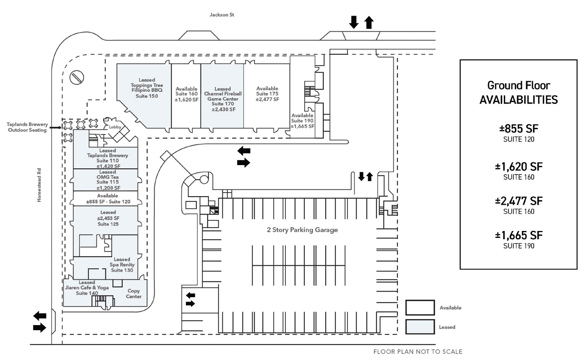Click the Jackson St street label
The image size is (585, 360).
coord(222,15)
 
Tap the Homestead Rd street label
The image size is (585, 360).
coord(39,185)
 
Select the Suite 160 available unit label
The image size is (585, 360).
coord(186,94)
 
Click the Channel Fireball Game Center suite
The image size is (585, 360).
coord(223,99)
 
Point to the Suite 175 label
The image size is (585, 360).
coord(267,94)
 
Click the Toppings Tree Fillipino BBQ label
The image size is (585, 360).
coord(147,88)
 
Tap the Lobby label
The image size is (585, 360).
coord(115,127)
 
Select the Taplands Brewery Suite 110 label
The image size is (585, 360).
coord(107,158)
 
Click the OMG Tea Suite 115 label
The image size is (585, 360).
coord(107,180)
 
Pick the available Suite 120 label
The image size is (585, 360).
coord(108,199)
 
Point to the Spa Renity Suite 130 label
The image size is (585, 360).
coord(122,265)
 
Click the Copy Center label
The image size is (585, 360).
coord(133,294)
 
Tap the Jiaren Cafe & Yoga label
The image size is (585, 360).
coord(87,288)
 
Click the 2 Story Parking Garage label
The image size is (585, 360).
coord(302,230)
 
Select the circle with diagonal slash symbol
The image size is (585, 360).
coord(77,77)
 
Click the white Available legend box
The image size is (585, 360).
coord(420,308)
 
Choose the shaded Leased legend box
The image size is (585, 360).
coord(420,327)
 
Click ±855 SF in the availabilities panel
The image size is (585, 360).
coord(518,129)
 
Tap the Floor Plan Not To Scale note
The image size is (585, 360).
coord(418,352)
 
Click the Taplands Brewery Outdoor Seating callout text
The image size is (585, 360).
coord(27,127)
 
